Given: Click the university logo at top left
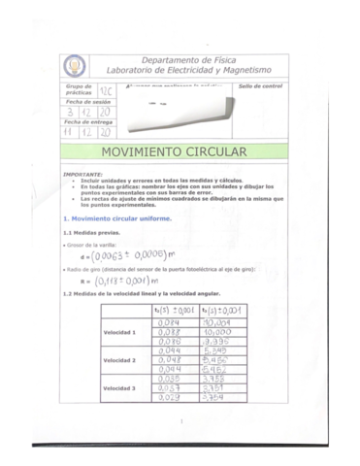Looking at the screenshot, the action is click(x=75, y=66).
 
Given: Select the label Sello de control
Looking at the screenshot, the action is click(x=260, y=86).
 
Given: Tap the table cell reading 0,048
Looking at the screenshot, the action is click(x=170, y=360).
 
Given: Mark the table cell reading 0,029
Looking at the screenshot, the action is click(x=170, y=397).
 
